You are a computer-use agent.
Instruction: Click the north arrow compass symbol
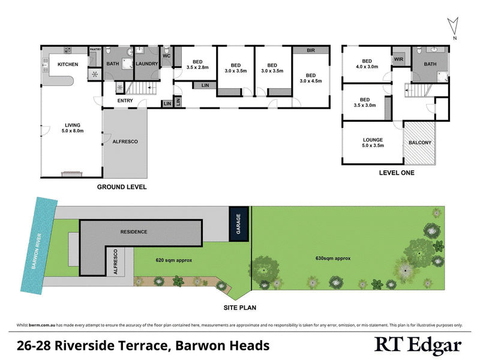454,28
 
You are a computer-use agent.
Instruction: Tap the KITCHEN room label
68,64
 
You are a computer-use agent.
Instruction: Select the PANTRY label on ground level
95,50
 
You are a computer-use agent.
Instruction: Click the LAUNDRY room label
146,64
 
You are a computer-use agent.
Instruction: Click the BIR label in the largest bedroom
311,50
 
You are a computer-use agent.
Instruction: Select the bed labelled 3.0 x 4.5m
310,77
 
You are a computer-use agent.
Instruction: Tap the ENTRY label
125,101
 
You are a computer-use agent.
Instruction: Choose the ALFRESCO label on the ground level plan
125,142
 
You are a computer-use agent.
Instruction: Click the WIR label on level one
398,60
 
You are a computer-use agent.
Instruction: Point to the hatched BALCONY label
419,143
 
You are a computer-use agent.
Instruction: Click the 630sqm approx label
333,259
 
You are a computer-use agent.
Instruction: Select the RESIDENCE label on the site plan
133,232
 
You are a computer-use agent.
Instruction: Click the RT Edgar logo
418,345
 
